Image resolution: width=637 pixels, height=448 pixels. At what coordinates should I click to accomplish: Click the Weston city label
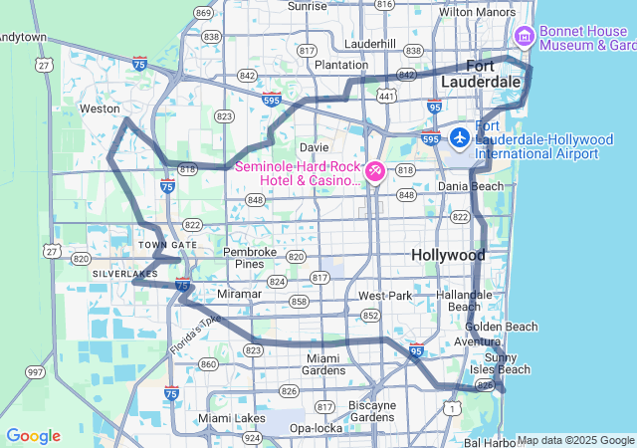[x=100, y=109]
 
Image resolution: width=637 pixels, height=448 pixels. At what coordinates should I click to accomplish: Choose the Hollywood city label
[x=448, y=256]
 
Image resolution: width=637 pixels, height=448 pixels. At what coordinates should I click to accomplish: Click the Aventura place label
[x=477, y=341]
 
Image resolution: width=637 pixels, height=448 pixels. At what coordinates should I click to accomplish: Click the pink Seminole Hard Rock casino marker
[x=375, y=172]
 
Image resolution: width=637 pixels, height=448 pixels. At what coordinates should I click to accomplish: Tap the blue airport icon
[x=460, y=136]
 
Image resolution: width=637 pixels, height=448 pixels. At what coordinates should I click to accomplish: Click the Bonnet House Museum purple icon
[x=525, y=37]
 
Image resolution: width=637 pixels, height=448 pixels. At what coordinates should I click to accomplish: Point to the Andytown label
[x=22, y=37]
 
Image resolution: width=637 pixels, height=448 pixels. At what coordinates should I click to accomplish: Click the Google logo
[x=33, y=436]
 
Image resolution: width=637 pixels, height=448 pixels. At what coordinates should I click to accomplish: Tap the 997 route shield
[x=36, y=372]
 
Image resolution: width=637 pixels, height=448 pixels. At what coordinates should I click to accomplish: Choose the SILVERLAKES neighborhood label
[x=124, y=273]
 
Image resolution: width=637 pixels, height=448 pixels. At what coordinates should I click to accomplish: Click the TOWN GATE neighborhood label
[x=167, y=245]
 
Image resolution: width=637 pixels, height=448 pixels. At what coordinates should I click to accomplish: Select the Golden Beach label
[x=501, y=327]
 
